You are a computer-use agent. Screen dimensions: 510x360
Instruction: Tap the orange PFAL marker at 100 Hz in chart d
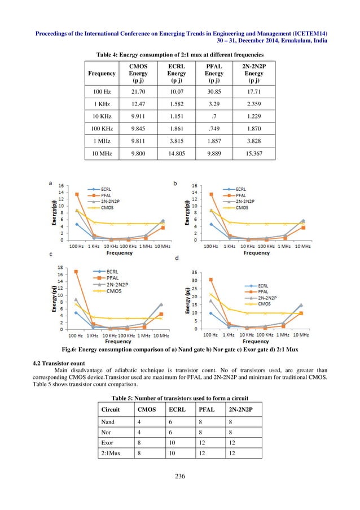tap(210, 280)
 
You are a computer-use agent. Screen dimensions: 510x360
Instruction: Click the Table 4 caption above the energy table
tap(179, 54)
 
